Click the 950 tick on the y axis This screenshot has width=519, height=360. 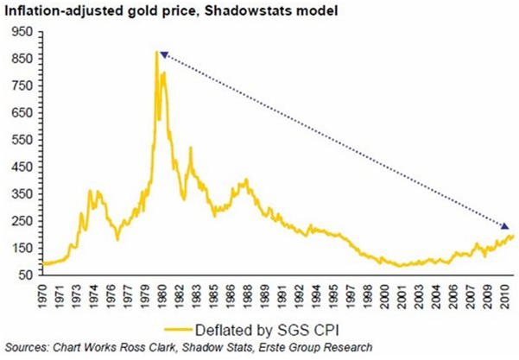(22, 32)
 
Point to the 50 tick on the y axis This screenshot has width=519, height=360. (24, 275)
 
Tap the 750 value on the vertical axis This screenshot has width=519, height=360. (22, 85)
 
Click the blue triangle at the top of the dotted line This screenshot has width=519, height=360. (163, 54)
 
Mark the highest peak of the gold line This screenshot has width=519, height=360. (157, 53)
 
